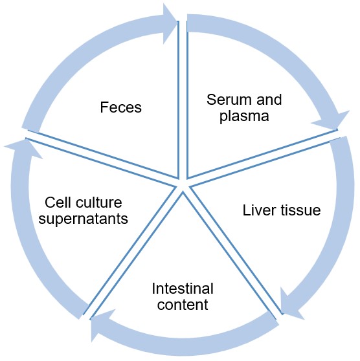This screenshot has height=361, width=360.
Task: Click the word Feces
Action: tap(121, 107)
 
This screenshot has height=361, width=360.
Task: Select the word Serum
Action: tap(224, 100)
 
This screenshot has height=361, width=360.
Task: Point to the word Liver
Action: tap(256, 210)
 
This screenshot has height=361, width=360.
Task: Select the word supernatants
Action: tap(83, 219)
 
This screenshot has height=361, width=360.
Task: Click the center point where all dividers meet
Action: tap(183, 185)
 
